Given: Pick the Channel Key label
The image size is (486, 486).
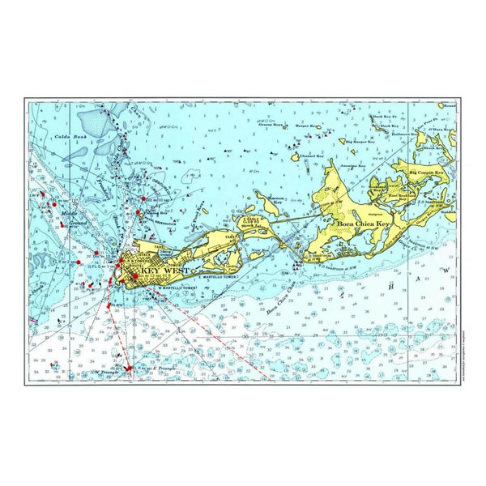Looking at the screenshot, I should pos(311,156).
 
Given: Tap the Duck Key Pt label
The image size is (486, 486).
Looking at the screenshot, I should pos(384,117).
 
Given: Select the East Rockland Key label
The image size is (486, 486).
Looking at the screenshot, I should pos(403,197).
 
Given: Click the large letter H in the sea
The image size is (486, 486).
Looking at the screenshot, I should pos(390,286).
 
